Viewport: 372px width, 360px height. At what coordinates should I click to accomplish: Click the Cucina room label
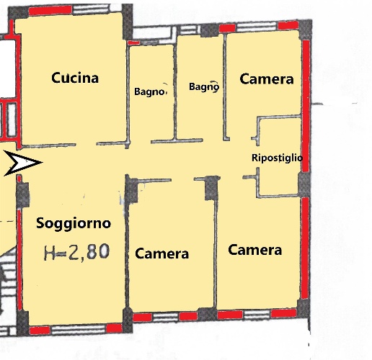74,78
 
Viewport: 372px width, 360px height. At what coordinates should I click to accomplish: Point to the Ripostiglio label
276,158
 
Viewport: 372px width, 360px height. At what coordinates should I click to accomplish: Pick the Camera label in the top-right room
267,79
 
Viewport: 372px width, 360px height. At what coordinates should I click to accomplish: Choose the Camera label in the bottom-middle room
162,253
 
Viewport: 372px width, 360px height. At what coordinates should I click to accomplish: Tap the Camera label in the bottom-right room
254,250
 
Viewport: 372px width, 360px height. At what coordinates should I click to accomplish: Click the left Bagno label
151,91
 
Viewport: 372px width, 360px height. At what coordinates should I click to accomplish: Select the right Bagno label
204,87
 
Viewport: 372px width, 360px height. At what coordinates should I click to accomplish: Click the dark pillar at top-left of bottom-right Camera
211,188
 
